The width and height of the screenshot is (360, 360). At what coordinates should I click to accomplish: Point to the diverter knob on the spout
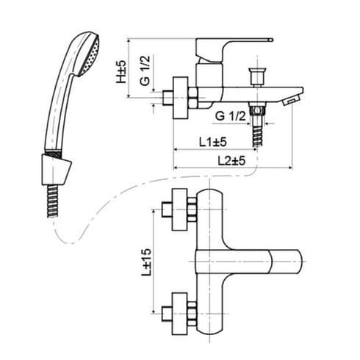[x=256, y=75]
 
